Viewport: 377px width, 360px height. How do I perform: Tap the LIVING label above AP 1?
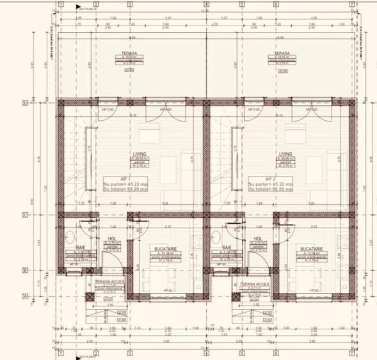coord(139,154)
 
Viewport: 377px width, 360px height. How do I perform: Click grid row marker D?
coord(42,102)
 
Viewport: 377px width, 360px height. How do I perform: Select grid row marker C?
coord(42,215)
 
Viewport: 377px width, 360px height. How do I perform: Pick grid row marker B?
coord(42,270)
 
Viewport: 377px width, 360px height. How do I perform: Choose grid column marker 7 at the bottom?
coord(352,353)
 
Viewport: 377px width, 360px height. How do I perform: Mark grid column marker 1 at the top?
coord(60,4)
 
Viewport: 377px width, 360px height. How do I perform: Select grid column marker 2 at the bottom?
coord(92,353)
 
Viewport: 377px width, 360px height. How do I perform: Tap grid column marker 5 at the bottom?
coord(242,353)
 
